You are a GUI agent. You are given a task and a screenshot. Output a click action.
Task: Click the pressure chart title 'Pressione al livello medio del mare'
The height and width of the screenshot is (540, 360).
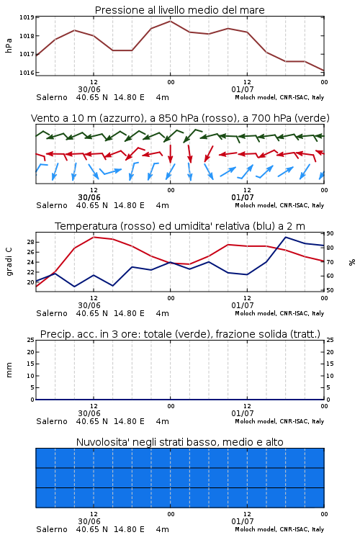tap(179, 10)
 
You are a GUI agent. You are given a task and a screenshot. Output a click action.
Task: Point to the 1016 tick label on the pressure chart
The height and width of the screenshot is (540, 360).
tap(26, 73)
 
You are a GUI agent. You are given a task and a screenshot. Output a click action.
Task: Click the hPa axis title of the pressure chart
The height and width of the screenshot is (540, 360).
tap(9, 45)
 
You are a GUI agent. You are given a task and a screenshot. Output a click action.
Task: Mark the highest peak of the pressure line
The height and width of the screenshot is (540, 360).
tap(170, 21)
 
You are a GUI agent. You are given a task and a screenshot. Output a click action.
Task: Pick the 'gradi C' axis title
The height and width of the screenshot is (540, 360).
tap(9, 261)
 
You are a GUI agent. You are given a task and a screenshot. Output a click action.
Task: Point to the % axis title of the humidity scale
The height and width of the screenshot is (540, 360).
tap(352, 262)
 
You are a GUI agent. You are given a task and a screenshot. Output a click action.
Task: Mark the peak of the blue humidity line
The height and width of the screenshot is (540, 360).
tap(286, 237)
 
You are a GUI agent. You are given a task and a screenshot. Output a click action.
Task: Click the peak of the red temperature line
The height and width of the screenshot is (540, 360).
tap(94, 237)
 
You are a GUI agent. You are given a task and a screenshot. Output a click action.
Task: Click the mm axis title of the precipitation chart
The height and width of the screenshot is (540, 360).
tap(9, 370)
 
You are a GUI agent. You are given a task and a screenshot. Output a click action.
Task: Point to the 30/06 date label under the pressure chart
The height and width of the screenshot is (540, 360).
tap(89, 89)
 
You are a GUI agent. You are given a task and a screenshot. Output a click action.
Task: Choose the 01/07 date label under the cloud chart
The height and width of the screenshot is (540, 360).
tap(243, 521)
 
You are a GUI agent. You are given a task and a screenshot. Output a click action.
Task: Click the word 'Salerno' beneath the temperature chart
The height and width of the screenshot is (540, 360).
tap(52, 313)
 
